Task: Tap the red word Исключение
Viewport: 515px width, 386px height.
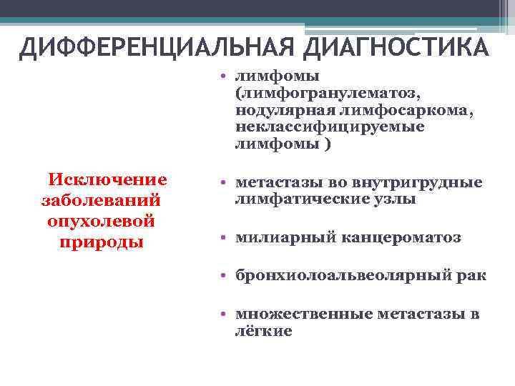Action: point(107,179)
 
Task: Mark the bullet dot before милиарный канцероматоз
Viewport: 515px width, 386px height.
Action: point(224,238)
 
